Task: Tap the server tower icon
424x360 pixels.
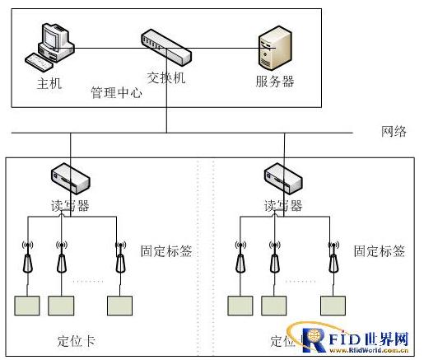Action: pos(275,48)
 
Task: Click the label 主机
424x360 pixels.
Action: pos(49,84)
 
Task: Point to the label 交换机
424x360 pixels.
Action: pos(167,78)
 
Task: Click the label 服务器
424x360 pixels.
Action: pos(275,82)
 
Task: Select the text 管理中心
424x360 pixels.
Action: pos(116,93)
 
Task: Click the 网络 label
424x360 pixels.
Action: pos(394,132)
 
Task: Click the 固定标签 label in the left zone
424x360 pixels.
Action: pos(166,250)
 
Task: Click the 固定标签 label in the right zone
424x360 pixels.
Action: pos(380,250)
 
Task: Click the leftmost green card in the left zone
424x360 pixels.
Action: pos(27,306)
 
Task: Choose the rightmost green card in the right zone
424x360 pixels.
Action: pos(333,306)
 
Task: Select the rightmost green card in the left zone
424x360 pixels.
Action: pos(119,306)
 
